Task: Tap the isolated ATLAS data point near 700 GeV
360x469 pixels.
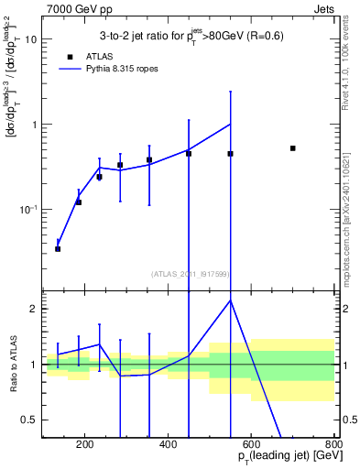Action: pos(292,147)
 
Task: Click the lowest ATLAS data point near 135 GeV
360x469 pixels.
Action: pos(58,248)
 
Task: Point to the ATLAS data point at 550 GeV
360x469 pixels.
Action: pos(230,153)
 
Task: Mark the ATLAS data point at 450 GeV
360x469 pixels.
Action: pos(189,153)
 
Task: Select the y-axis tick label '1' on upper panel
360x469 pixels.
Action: pos(34,125)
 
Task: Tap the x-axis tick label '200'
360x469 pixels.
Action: pos(84,445)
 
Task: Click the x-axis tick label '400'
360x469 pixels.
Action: pos(168,445)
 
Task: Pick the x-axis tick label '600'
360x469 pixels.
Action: pos(251,445)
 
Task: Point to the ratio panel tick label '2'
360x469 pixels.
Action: pos(34,309)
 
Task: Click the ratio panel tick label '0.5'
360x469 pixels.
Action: pos(29,420)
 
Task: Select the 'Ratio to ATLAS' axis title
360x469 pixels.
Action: pos(13,364)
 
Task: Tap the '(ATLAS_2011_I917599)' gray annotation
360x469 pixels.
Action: pos(190,273)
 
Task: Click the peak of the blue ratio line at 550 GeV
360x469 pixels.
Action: pos(230,300)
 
